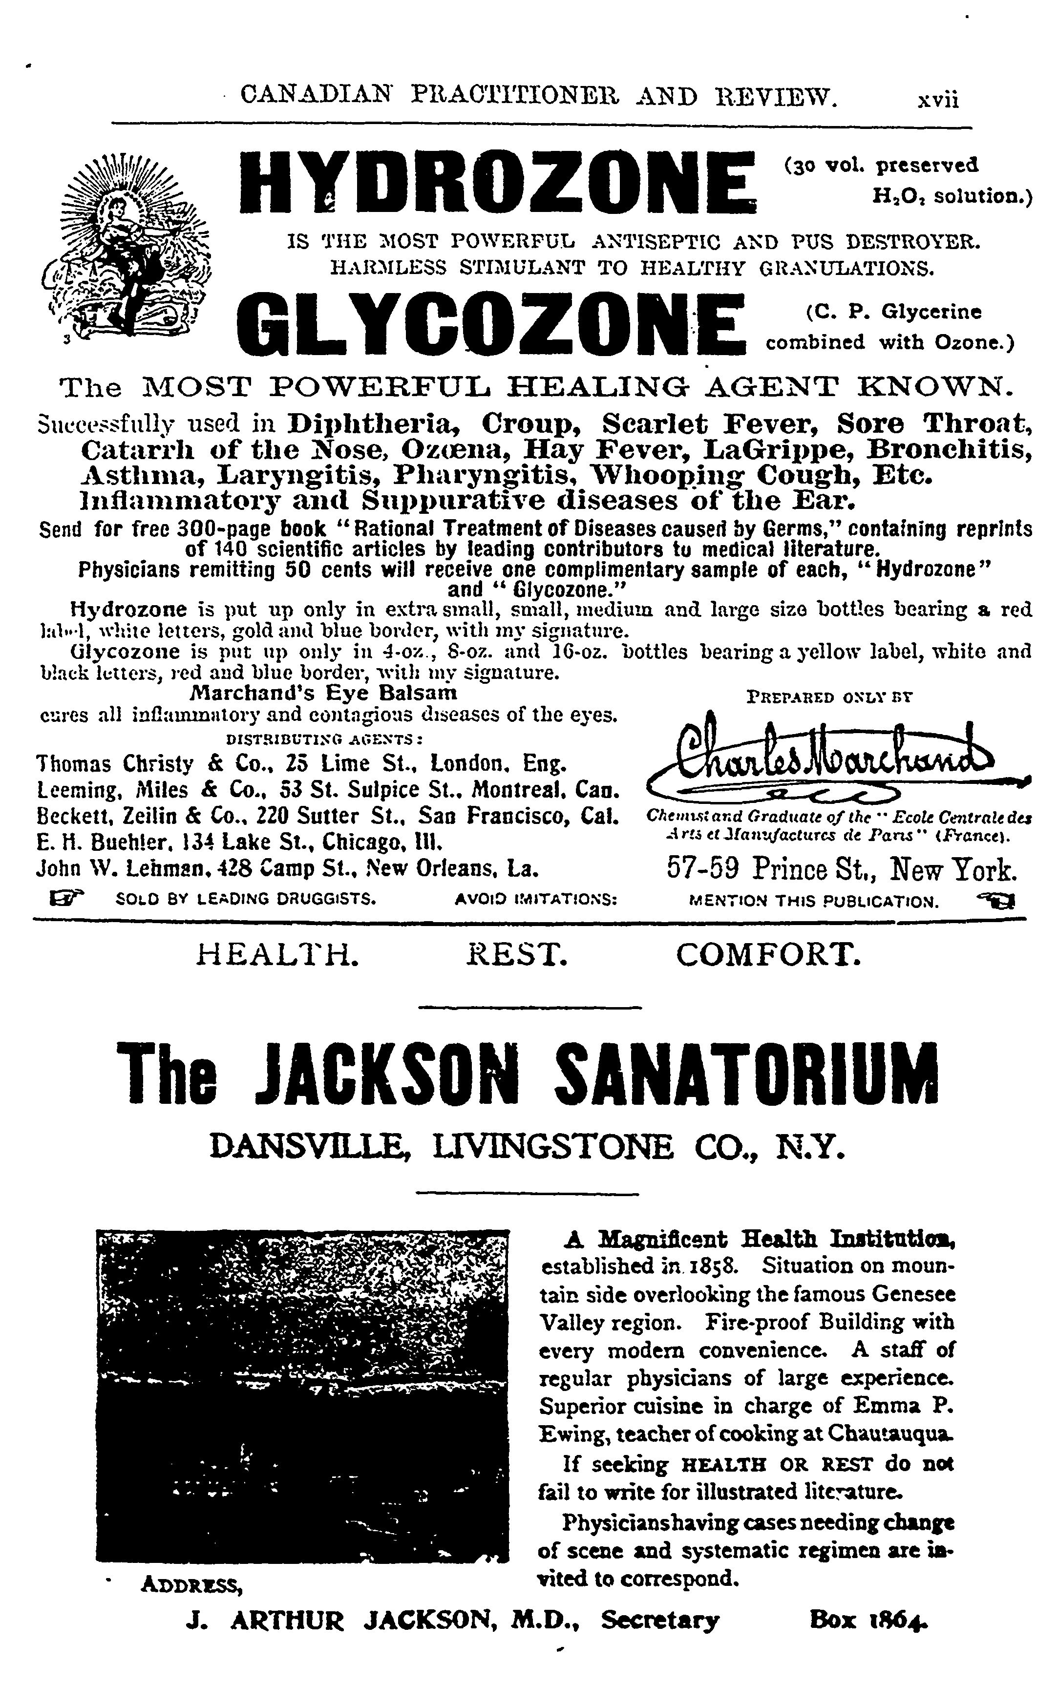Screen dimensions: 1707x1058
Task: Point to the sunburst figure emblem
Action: tap(127, 248)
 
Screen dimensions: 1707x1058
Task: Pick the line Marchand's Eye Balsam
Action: tap(324, 693)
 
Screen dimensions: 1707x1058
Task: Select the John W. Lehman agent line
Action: tap(287, 869)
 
